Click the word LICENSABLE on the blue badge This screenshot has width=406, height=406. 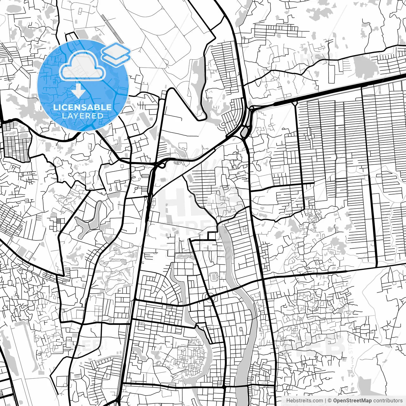pos(82,107)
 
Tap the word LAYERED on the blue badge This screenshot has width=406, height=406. pos(82,116)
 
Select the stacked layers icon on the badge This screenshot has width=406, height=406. pos(116,52)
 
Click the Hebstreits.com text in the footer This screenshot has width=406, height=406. pos(304,401)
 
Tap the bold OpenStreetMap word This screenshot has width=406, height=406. pos(352,401)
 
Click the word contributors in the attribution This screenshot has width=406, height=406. pos(388,401)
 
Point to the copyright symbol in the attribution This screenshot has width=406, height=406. pos(330,401)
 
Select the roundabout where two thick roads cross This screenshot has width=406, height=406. pos(209,297)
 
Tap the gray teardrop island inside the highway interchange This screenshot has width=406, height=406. pos(245,132)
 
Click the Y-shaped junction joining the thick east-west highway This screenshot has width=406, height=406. pos(295,103)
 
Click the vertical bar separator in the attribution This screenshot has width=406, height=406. pos(326,401)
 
